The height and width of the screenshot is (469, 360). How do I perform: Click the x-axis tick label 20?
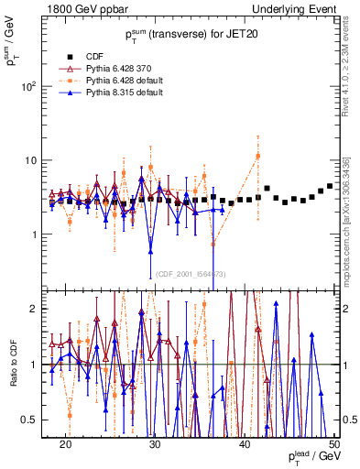click(x=65, y=442)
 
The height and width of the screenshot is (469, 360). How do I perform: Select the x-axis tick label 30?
click(x=155, y=442)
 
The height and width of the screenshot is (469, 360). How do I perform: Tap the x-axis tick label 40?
click(x=245, y=442)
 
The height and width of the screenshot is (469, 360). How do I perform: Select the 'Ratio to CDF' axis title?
click(x=13, y=364)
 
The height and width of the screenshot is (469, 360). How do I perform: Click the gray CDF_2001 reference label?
click(x=191, y=274)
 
